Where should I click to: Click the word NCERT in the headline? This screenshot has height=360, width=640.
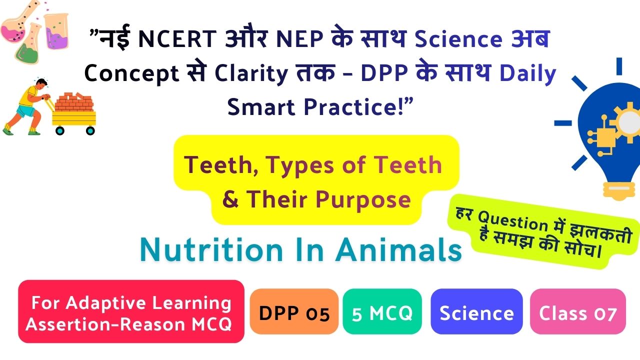[177, 39]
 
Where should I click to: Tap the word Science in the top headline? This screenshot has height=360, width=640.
[458, 39]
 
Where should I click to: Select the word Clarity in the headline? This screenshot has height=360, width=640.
[251, 73]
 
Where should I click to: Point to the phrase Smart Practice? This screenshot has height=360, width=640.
[320, 107]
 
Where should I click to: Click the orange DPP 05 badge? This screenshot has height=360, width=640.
[294, 311]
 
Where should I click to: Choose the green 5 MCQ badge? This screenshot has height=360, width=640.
[382, 311]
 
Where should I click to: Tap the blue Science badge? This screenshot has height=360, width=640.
[476, 311]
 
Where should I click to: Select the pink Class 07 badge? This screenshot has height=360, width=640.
[577, 311]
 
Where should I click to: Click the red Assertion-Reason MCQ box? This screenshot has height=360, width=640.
[131, 311]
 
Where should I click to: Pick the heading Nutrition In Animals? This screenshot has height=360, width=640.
[301, 250]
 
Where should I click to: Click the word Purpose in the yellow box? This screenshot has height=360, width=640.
[363, 199]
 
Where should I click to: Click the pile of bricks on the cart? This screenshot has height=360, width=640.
[74, 101]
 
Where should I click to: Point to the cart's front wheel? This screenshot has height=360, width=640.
[90, 130]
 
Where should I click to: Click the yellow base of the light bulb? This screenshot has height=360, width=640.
[618, 190]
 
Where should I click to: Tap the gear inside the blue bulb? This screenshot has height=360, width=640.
[627, 121]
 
